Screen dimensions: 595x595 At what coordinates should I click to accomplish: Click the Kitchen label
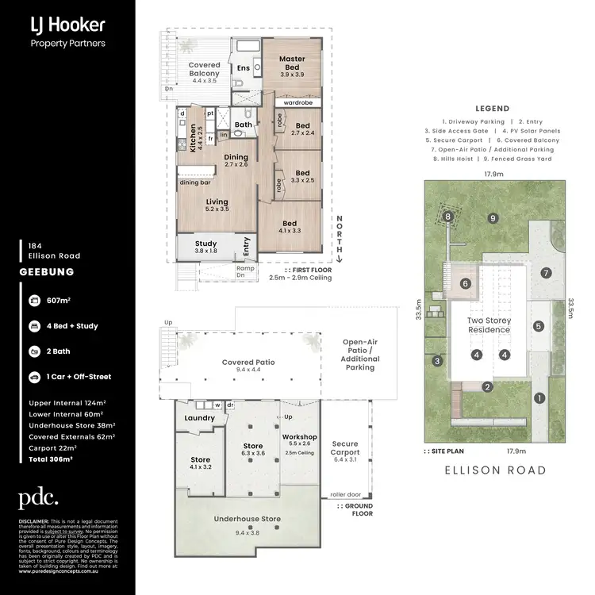[x=192, y=138]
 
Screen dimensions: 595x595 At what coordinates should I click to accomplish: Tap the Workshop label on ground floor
[x=299, y=437]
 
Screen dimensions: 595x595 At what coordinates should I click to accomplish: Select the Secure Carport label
[x=345, y=449]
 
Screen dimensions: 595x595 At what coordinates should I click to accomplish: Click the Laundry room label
[x=199, y=418]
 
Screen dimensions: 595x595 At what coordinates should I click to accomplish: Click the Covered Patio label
[x=248, y=362]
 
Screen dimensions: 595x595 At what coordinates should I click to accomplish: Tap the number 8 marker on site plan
[x=447, y=216]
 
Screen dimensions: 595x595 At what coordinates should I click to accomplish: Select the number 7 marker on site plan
[x=546, y=273]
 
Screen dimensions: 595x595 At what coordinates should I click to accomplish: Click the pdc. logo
[x=38, y=498]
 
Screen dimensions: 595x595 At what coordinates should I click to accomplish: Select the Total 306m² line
[x=51, y=459]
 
